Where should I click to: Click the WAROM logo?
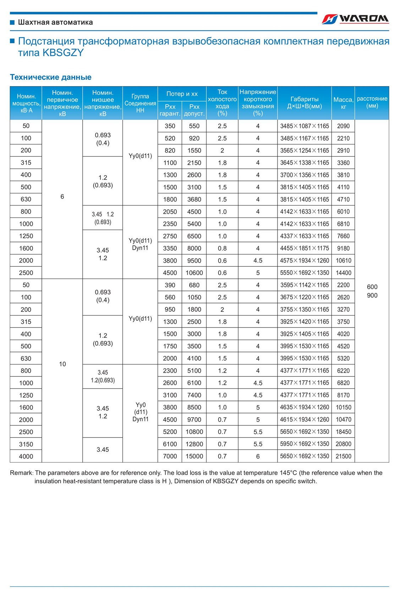coord(355,19)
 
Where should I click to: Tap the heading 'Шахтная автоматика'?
coord(55,22)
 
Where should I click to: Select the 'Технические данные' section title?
coord(50,77)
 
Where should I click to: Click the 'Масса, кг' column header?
coord(343,103)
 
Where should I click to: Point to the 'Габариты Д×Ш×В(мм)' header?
coord(304,103)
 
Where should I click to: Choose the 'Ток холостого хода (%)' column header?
coord(222,103)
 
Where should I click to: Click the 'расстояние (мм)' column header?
coord(372,102)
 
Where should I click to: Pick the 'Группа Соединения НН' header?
coord(140,103)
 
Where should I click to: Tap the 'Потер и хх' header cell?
coord(182,94)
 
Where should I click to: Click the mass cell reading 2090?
coord(343,126)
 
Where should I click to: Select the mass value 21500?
coord(343,456)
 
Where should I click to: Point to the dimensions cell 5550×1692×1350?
coord(304,273)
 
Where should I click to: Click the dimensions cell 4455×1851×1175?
coord(304,248)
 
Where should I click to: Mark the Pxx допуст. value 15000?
coord(194,456)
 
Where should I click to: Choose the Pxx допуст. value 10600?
coord(194,273)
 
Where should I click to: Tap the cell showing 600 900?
coord(372,291)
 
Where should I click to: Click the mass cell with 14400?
coord(343,273)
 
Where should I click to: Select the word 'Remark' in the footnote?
coord(21,473)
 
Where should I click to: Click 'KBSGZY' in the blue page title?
coord(63,53)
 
